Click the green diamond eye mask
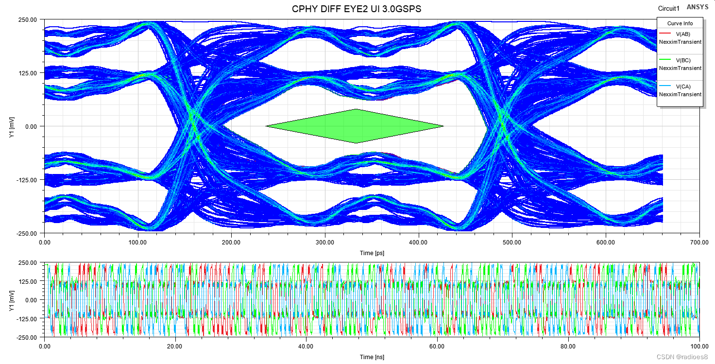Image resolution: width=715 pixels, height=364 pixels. [355, 126]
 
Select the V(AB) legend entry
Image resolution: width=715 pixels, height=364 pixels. [682, 34]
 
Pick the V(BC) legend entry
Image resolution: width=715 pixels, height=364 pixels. [682, 60]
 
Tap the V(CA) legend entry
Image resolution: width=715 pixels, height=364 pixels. [682, 87]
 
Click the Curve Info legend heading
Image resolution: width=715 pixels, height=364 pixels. [680, 23]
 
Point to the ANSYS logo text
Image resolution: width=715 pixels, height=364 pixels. [697, 7]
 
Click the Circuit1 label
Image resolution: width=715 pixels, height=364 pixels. [668, 8]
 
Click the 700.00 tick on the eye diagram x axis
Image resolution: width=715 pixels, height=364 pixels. [699, 242]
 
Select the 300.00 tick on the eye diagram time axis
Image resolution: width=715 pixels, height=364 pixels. [325, 242]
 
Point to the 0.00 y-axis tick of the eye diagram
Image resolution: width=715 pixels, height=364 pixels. [30, 126]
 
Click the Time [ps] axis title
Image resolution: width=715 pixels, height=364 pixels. [373, 253]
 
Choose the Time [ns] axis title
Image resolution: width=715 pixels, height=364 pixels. [373, 357]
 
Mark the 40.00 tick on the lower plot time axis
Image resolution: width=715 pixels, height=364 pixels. [306, 347]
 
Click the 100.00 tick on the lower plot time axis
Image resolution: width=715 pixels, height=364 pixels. [699, 347]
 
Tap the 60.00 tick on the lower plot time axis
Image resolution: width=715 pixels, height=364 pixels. [438, 347]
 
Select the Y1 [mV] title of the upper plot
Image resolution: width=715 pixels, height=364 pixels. [11, 127]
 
